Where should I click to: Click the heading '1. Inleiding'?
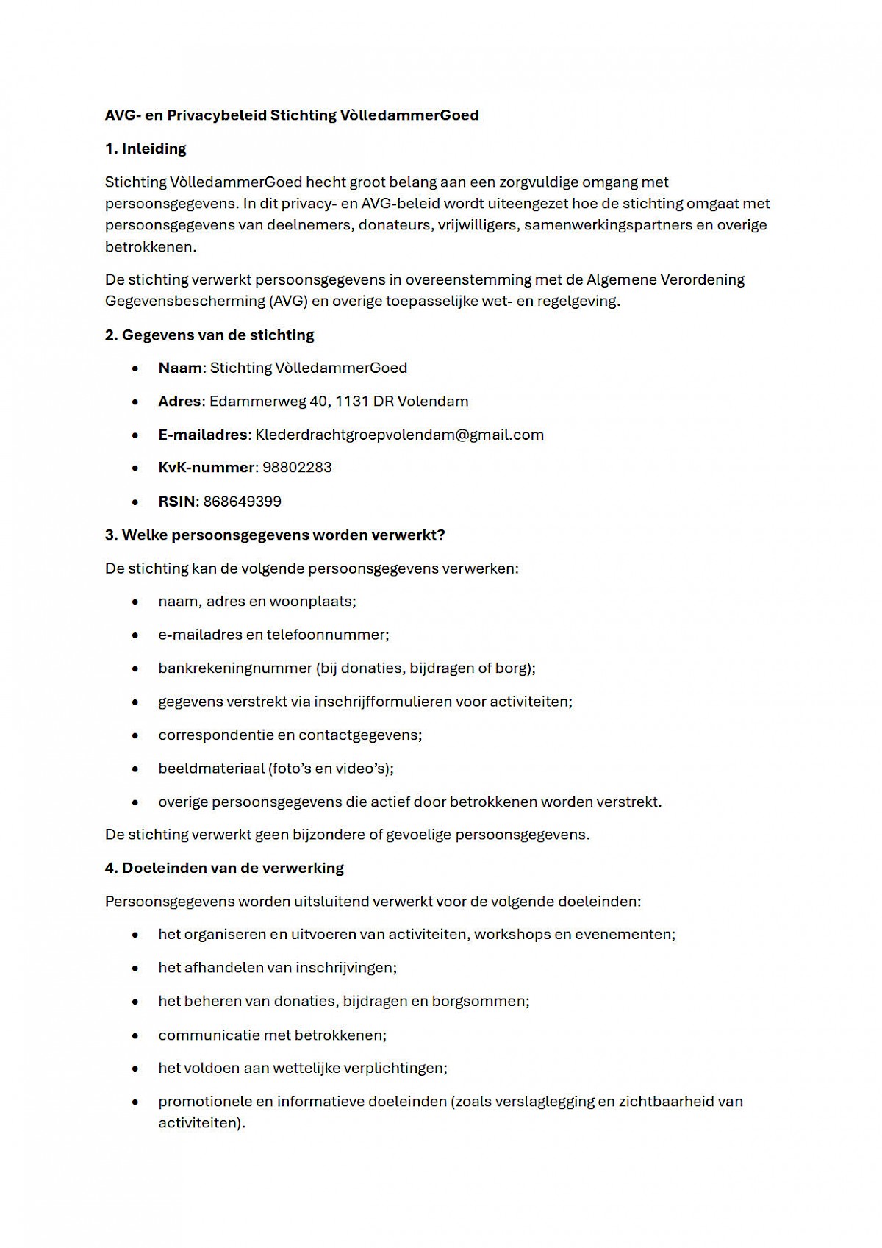146,149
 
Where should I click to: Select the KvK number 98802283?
297,468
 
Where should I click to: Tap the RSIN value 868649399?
242,502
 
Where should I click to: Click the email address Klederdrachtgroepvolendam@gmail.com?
399,435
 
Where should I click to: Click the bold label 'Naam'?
179,368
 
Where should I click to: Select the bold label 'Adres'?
179,402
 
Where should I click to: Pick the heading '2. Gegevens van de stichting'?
209,335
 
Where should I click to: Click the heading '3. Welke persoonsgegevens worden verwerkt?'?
275,535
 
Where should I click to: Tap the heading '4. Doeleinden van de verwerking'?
224,868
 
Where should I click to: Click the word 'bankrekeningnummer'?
234,668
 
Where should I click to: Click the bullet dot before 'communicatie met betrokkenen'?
135,1035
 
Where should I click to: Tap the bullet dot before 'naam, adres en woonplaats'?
135,602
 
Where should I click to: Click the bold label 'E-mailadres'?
202,435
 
